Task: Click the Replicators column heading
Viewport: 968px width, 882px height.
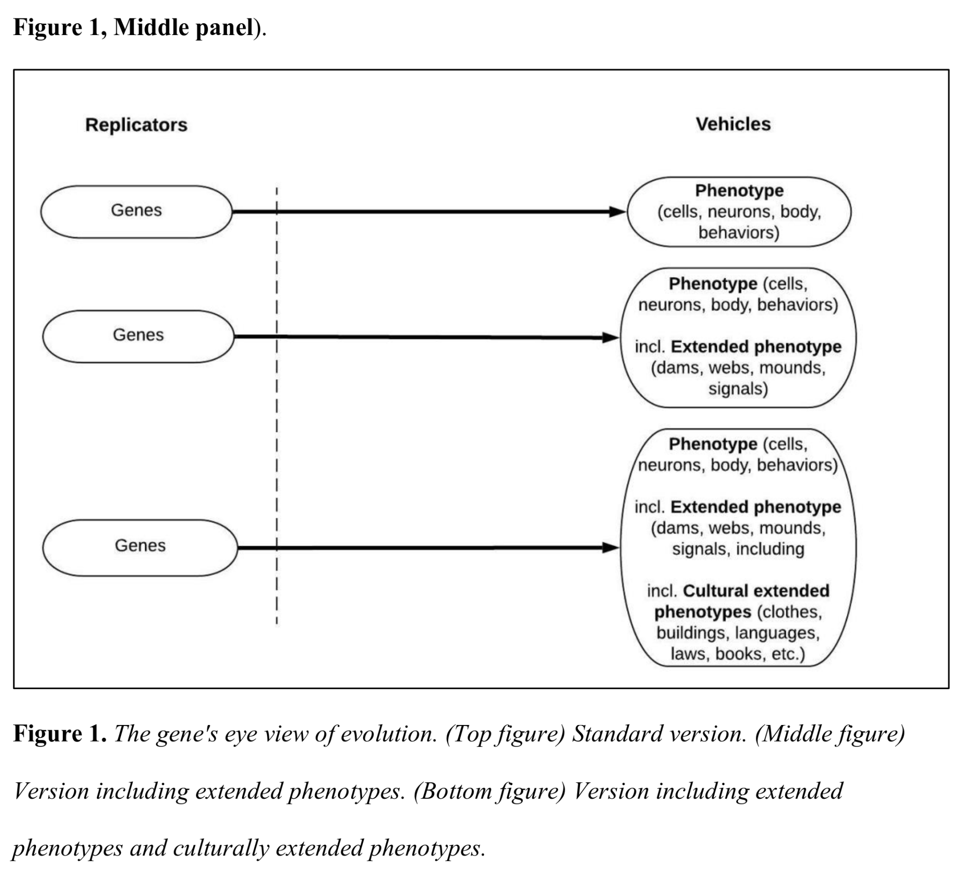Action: [137, 125]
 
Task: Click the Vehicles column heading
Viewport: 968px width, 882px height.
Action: [733, 124]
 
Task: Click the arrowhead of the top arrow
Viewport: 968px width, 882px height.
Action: [617, 211]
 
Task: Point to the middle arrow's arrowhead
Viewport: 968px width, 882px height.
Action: [611, 338]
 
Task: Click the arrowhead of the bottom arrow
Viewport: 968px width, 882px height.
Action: [611, 548]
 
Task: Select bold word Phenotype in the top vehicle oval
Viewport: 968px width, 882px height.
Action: [739, 191]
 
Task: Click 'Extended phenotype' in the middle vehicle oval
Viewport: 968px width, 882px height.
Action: [756, 347]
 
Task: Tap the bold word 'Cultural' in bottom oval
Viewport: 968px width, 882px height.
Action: [717, 591]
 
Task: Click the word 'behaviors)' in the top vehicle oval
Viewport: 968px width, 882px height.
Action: [739, 233]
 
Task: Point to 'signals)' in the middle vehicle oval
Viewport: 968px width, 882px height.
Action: [738, 389]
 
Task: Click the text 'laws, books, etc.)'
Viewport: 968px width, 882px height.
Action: [737, 654]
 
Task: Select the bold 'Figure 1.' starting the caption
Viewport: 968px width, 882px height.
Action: [60, 734]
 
